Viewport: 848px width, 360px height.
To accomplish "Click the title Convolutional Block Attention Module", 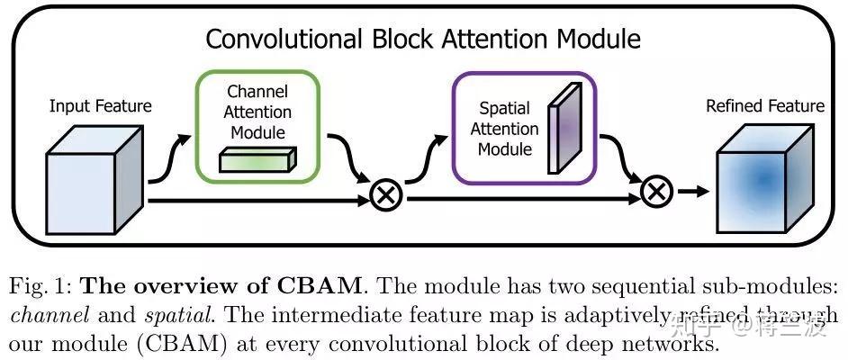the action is (x=423, y=39).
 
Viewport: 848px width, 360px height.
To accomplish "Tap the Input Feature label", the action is (x=101, y=106).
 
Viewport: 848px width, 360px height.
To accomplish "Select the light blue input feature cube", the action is (x=95, y=179).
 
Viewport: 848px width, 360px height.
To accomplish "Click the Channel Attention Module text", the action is (x=257, y=112).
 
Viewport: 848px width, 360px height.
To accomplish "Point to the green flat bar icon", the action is (x=258, y=160).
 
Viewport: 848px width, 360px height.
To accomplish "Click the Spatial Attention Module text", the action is (x=505, y=129).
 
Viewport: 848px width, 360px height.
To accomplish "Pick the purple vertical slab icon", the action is (x=565, y=128).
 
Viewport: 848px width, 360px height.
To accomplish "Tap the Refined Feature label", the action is (x=765, y=106).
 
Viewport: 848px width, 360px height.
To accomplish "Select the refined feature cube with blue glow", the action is (x=764, y=179).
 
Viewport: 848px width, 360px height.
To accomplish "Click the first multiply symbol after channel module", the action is (x=386, y=194).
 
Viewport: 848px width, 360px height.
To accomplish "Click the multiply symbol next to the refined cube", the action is (x=656, y=192).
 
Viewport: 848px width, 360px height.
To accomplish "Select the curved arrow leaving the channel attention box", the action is (x=351, y=157).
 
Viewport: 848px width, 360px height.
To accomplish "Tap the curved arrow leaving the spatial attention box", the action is (x=622, y=157).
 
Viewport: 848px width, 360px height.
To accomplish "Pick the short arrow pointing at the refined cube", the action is (x=693, y=191).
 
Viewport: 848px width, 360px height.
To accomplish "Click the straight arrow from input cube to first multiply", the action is (x=258, y=201).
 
